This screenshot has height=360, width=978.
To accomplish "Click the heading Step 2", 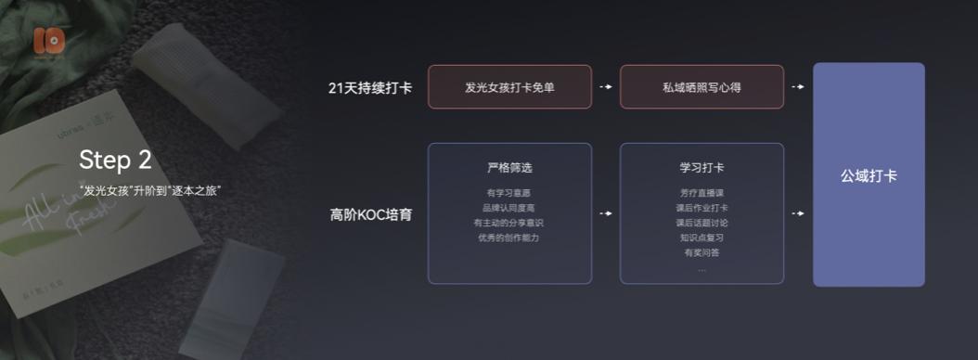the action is pyautogui.click(x=115, y=160).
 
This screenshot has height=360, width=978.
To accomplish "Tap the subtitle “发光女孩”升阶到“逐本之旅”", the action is pyautogui.click(x=150, y=190).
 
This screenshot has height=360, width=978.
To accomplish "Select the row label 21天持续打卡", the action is pyautogui.click(x=370, y=87).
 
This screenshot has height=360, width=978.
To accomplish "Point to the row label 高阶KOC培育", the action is pyautogui.click(x=371, y=214).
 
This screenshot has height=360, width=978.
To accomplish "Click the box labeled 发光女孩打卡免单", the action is pyautogui.click(x=509, y=87).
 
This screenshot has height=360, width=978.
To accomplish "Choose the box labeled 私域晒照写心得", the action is pyautogui.click(x=701, y=87).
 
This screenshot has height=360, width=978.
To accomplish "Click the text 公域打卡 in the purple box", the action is pyautogui.click(x=869, y=175).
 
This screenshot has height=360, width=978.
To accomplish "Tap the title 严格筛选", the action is pyautogui.click(x=509, y=168).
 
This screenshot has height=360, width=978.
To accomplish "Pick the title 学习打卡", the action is pyautogui.click(x=701, y=168).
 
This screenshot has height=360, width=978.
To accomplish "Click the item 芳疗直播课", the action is pyautogui.click(x=701, y=193).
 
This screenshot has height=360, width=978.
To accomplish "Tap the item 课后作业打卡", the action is pyautogui.click(x=701, y=208).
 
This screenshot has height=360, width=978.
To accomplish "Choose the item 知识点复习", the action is pyautogui.click(x=701, y=238).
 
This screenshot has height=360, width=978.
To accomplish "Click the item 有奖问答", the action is pyautogui.click(x=701, y=252).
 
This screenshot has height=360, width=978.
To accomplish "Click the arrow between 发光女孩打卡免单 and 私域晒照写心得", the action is pyautogui.click(x=606, y=87).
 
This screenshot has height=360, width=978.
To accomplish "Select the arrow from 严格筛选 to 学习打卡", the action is pyautogui.click(x=606, y=213).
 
